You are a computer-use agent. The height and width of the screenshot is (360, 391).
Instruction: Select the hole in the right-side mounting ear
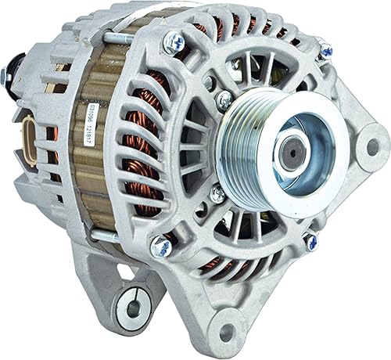(x=372, y=146)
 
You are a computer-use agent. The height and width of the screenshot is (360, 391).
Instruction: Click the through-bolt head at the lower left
(x=162, y=248)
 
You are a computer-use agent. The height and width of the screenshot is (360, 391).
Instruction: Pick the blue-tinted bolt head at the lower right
(x=310, y=243)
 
